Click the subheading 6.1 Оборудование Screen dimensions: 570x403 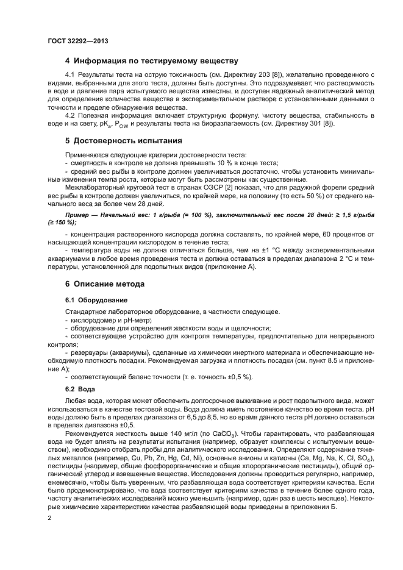96,300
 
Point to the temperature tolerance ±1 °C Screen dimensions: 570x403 263,250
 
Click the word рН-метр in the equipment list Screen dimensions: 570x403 136,319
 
